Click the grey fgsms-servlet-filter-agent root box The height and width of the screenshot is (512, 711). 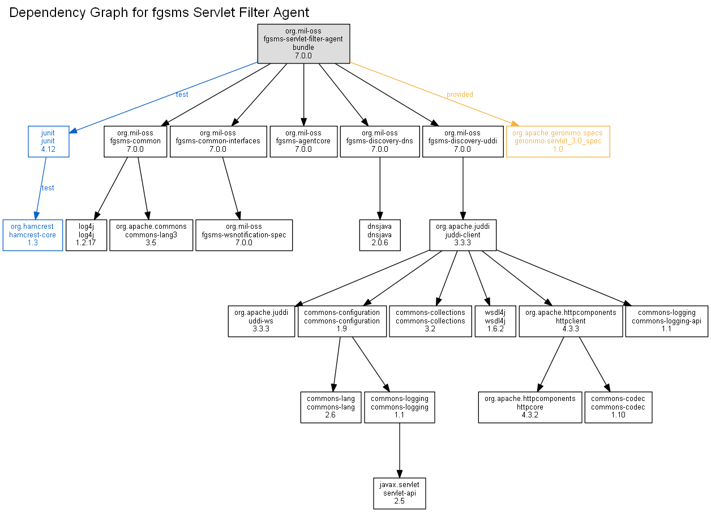click(303, 44)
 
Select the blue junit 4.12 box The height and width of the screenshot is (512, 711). click(48, 142)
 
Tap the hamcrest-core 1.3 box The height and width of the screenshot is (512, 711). click(33, 235)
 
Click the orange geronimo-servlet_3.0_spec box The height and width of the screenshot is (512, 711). click(558, 142)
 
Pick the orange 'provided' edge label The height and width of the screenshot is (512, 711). click(460, 95)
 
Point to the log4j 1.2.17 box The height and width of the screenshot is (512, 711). click(86, 235)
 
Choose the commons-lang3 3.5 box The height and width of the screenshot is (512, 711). click(151, 235)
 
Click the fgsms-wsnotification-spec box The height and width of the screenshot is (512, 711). click(244, 235)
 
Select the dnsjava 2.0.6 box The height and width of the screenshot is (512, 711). click(380, 235)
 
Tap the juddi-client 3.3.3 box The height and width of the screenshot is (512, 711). click(463, 235)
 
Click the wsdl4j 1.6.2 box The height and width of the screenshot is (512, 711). click(495, 321)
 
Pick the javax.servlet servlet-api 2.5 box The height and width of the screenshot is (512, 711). click(399, 493)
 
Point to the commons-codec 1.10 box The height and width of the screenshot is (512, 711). click(618, 407)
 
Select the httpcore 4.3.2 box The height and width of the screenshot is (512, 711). click(530, 407)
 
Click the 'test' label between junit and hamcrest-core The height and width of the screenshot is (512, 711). click(48, 188)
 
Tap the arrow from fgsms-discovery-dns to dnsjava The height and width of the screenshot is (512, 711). click(380, 189)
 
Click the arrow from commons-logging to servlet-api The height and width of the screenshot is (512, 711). click(400, 450)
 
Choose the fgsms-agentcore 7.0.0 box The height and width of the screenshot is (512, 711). click(303, 142)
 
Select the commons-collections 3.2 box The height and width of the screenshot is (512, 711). click(430, 321)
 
